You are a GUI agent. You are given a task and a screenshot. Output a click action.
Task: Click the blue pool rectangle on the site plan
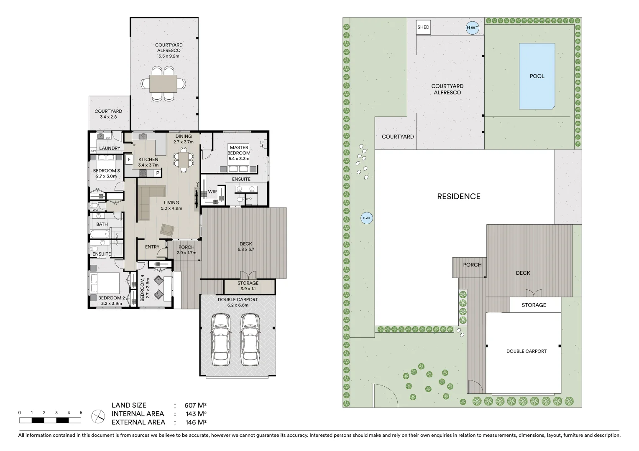(x=537, y=76)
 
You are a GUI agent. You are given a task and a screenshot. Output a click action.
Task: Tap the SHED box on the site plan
(x=423, y=28)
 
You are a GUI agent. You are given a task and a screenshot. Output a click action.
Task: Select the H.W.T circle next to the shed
(x=472, y=28)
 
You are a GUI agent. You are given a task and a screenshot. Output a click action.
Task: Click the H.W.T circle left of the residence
(x=367, y=218)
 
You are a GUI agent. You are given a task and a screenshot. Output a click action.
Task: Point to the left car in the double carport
(x=221, y=339)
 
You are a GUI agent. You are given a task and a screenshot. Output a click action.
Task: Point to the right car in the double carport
(x=249, y=339)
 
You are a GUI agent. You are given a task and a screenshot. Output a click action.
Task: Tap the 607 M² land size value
(x=195, y=405)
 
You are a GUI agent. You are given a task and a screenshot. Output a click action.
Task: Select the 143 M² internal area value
(x=195, y=414)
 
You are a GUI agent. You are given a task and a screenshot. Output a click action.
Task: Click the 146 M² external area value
(x=195, y=422)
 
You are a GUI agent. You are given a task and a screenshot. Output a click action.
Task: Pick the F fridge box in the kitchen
(x=129, y=160)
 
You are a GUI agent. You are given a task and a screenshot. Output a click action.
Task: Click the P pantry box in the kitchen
(x=158, y=173)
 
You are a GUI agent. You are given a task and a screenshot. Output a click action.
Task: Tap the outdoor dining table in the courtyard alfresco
(x=163, y=84)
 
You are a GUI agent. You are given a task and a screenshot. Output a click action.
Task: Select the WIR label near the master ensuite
(x=212, y=192)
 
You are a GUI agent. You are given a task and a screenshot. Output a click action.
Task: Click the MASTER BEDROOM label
(x=239, y=150)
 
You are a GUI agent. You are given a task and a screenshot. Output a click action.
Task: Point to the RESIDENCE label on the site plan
(x=458, y=196)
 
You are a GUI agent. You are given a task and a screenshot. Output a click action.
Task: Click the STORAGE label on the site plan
(x=534, y=305)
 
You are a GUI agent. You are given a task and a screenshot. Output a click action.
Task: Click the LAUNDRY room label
(x=110, y=148)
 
